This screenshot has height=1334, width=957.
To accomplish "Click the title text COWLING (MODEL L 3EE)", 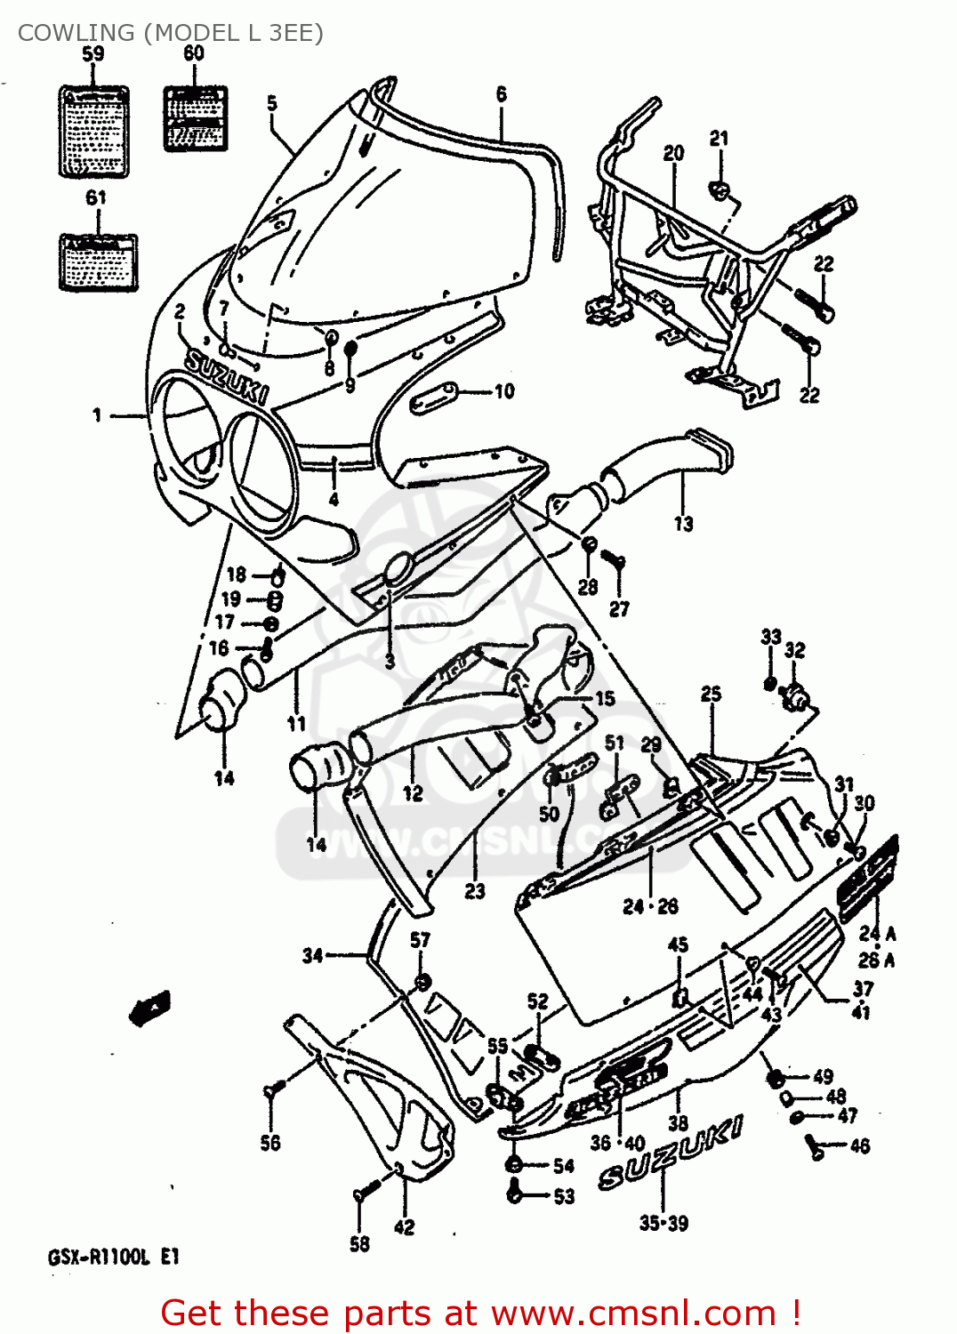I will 170,33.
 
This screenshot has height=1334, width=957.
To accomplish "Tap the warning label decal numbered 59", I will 93,131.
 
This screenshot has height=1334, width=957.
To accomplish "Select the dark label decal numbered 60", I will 196,118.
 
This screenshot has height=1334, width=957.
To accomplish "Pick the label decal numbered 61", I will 98,262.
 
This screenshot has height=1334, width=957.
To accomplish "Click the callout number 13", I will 683,523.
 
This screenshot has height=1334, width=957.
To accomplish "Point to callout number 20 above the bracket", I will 673,153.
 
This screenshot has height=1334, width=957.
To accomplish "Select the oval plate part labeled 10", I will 433,398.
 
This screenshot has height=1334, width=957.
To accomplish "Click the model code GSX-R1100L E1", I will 113,1257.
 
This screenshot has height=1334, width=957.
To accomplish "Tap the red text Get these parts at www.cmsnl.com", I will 480,1313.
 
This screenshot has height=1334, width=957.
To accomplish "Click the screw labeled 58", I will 365,1192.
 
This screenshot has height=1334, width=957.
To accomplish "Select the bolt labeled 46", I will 814,1147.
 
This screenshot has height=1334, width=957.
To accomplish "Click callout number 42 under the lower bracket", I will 404,1227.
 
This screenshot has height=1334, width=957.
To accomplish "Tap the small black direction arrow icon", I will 150,1008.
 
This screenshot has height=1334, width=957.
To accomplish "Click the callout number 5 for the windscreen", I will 272,103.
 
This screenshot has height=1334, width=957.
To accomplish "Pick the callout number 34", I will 312,955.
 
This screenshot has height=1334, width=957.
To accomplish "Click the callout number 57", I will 420,940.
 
